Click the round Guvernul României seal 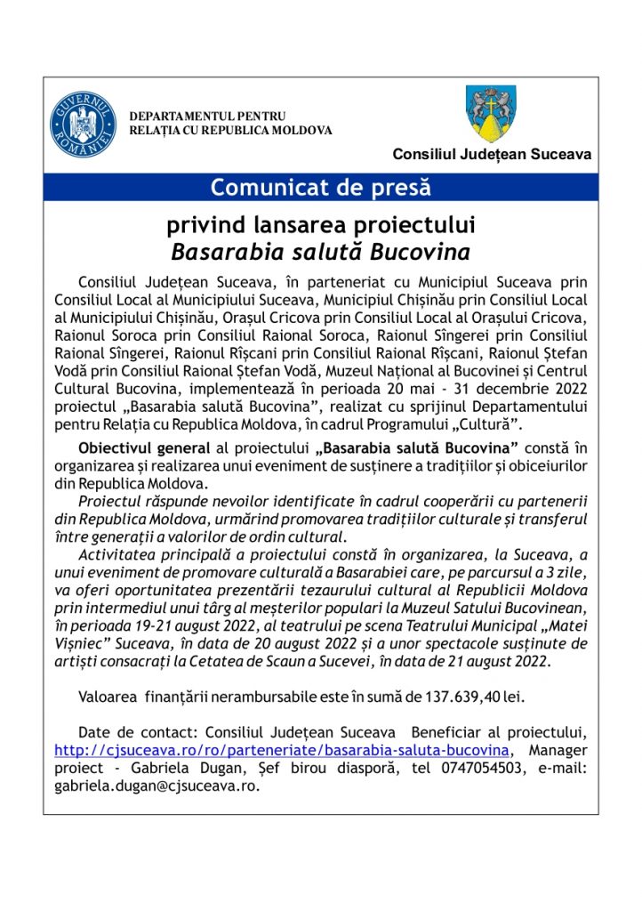click(83, 124)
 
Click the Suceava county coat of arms click(492, 114)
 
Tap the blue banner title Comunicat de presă click(320, 188)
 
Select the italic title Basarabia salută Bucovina click(320, 249)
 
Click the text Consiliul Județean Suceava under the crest click(492, 155)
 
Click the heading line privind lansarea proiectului click(320, 222)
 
